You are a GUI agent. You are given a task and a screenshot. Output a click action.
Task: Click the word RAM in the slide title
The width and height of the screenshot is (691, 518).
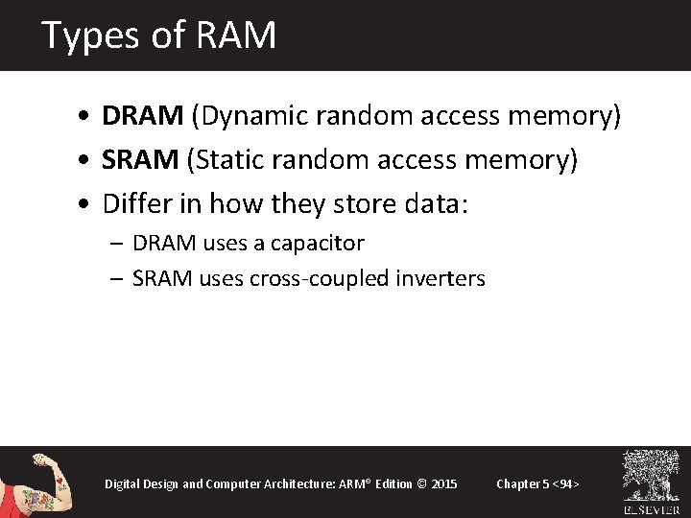(x=235, y=35)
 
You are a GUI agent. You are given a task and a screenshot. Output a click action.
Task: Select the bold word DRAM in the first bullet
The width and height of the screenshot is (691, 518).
(x=143, y=116)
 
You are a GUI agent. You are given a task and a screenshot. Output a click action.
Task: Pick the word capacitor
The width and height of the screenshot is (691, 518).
(x=317, y=244)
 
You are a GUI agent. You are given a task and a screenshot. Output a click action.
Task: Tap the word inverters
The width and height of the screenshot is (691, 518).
(x=438, y=279)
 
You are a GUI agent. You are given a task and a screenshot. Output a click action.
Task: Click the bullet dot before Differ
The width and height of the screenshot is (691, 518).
(x=86, y=205)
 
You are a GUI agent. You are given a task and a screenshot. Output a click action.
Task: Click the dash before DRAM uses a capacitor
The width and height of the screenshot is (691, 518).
(x=118, y=244)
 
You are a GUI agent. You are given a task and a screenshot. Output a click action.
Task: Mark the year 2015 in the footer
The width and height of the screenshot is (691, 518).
(x=444, y=483)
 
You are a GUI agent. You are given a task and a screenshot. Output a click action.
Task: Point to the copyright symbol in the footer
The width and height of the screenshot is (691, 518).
(x=422, y=483)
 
